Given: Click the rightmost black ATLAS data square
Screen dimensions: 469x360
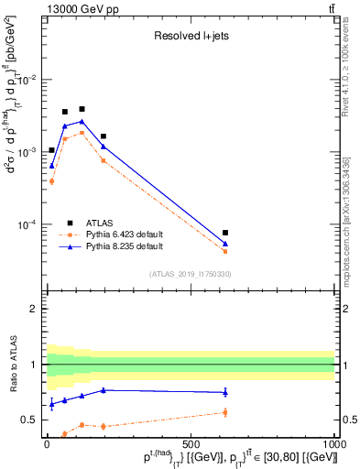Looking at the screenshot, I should tap(225, 233).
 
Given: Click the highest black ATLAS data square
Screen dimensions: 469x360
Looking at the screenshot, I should tap(82, 109).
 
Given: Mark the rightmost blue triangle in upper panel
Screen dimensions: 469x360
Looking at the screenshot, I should tap(225, 244).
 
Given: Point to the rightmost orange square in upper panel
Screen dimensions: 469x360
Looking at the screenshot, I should tap(225, 251).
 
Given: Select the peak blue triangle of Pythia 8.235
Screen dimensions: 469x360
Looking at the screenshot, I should tap(82, 121).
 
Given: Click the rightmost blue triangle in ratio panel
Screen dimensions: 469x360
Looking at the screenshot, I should tap(225, 392).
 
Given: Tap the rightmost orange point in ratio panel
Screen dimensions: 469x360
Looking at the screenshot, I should tap(225, 412).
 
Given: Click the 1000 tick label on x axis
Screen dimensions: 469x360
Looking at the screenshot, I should tap(334, 442).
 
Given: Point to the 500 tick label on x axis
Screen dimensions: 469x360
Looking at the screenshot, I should tap(191, 442).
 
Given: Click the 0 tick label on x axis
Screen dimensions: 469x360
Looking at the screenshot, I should tap(47, 442).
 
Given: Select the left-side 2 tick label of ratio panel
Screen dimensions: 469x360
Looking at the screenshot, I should tap(34, 309).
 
